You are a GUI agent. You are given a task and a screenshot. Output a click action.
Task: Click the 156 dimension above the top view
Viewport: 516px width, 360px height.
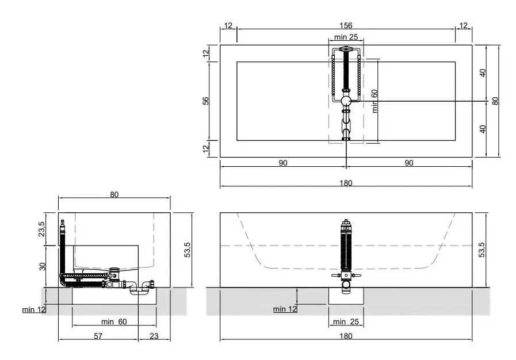pos(346,25)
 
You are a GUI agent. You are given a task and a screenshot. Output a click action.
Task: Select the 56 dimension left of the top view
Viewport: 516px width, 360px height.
pos(205,101)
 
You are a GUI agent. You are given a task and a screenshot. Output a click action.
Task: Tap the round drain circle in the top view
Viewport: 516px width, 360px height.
pos(346,101)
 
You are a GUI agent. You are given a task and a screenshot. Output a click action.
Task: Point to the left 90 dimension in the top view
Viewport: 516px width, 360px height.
pos(282,163)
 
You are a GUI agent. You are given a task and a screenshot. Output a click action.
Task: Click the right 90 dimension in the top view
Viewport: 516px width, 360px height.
pos(408,163)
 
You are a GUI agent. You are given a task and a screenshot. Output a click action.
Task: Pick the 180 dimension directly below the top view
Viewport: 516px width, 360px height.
pos(346,183)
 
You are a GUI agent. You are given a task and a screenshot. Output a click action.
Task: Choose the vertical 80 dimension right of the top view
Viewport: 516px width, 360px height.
pos(495,101)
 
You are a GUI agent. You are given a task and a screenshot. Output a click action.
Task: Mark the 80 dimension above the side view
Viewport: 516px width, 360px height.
pos(114,194)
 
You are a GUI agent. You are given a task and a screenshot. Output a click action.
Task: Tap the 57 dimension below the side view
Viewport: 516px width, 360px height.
pos(98,336)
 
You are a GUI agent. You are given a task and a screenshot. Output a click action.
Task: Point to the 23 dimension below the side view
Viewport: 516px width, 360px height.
pos(154,336)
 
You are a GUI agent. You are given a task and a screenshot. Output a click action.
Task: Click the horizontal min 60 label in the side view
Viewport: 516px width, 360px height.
pos(114,321)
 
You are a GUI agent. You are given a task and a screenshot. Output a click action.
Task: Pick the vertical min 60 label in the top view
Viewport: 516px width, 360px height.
pos(374,101)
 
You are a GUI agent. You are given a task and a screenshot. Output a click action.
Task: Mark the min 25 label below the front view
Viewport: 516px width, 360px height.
pos(346,321)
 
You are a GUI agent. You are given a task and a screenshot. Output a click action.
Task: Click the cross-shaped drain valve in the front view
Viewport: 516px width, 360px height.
pos(345,277)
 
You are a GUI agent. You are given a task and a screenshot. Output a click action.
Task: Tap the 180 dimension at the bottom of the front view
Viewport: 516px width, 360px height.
pos(346,336)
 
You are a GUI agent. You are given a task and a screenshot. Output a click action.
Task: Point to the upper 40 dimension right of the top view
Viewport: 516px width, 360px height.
pos(483,73)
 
